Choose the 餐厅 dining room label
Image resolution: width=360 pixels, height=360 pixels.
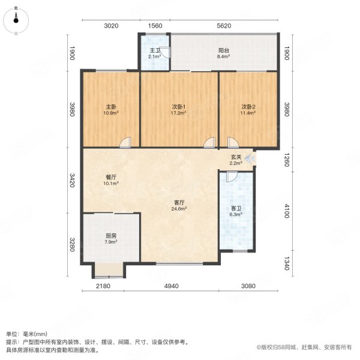(x=110, y=178)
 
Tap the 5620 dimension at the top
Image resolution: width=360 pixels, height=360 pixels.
(x=224, y=26)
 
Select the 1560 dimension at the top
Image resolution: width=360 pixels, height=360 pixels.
(x=155, y=26)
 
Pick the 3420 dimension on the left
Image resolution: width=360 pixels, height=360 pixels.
(x=71, y=179)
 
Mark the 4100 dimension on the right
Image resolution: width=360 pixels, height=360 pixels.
(x=287, y=211)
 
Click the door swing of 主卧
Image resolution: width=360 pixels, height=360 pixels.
(x=125, y=142)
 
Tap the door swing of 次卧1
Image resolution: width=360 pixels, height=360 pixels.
(x=208, y=142)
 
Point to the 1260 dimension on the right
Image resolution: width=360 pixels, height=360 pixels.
(x=287, y=158)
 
